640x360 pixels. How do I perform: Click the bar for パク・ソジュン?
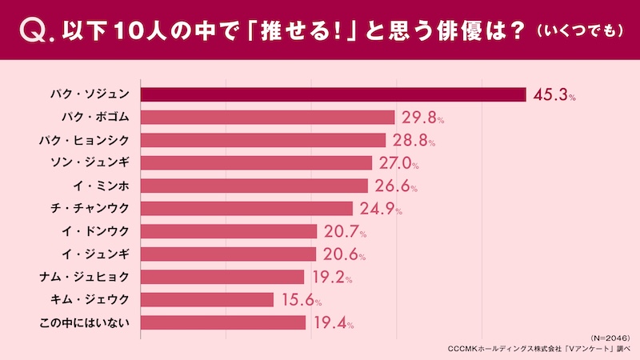pos(333,94)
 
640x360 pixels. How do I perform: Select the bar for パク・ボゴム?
pos(267,118)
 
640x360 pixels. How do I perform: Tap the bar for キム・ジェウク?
pos(207,300)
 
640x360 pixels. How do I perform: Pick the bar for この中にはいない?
pos(223,322)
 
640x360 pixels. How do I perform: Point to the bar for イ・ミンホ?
pos(254,186)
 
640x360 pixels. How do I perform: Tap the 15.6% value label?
pos(301,301)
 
